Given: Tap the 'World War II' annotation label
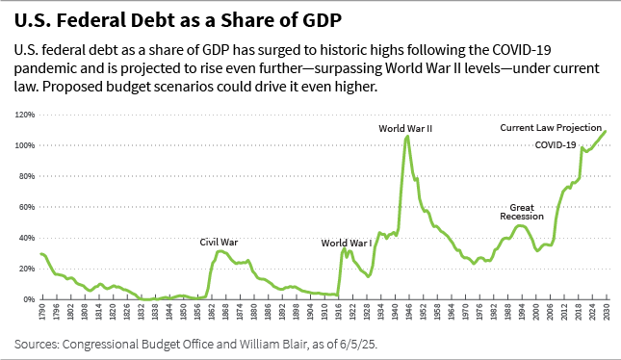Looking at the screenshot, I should click(405, 127).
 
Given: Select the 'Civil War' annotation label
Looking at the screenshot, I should click(219, 242).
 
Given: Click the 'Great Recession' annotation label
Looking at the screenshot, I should click(522, 212).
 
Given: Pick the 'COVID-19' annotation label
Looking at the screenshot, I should click(556, 144).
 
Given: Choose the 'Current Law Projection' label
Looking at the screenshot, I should click(551, 128).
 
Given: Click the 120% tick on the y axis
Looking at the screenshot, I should click(24, 115).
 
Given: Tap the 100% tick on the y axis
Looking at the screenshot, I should click(24, 145).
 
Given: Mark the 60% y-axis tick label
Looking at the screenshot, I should click(26, 207).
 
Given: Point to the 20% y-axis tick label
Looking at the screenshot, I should click(26, 269).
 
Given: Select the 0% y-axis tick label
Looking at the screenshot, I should click(28, 299).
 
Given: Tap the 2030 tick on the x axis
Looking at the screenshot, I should click(607, 314).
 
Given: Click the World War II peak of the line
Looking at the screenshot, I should click(407, 136).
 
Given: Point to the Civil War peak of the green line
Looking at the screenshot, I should click(220, 250).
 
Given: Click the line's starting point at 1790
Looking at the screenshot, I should click(40, 254).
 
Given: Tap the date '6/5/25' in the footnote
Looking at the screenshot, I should click(314, 342).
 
